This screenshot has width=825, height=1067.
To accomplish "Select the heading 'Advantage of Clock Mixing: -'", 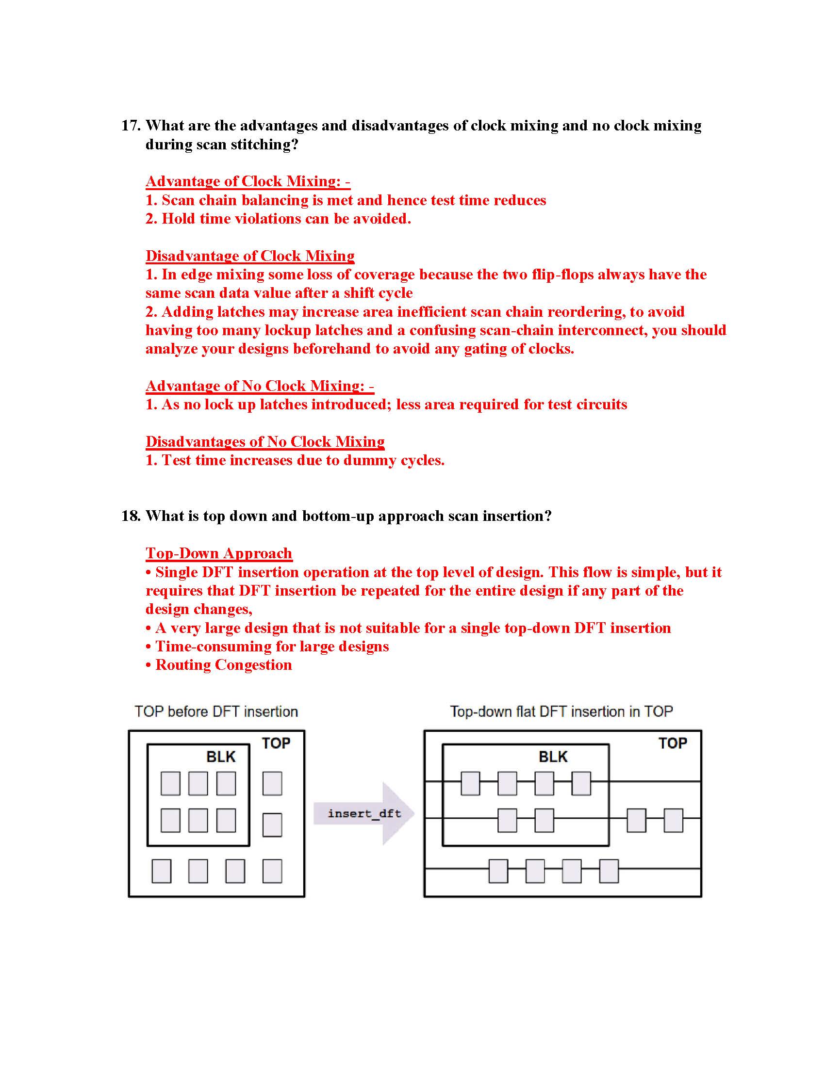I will pyautogui.click(x=248, y=181).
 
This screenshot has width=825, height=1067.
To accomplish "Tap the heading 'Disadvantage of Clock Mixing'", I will pyautogui.click(x=250, y=256).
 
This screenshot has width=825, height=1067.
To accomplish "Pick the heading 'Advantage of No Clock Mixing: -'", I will pyautogui.click(x=260, y=386).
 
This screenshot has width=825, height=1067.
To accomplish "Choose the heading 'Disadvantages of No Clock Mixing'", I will pyautogui.click(x=265, y=442).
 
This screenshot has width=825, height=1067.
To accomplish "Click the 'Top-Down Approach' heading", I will pyautogui.click(x=219, y=553).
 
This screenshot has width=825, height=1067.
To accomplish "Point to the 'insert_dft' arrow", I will pyautogui.click(x=364, y=813).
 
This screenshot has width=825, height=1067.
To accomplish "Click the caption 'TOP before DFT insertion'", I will pyautogui.click(x=216, y=711).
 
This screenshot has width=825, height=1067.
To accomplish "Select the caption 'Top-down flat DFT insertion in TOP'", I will pyautogui.click(x=561, y=711).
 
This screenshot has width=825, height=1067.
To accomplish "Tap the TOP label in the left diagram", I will pyautogui.click(x=276, y=743).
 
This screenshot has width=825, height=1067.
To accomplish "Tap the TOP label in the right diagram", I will pyautogui.click(x=673, y=743).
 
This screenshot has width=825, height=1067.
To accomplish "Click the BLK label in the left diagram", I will pyautogui.click(x=221, y=757).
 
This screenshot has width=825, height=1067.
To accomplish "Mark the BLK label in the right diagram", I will pyautogui.click(x=553, y=757).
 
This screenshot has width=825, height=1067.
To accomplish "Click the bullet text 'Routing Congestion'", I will pyautogui.click(x=223, y=665).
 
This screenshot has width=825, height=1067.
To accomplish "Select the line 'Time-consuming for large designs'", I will pyautogui.click(x=272, y=647).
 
